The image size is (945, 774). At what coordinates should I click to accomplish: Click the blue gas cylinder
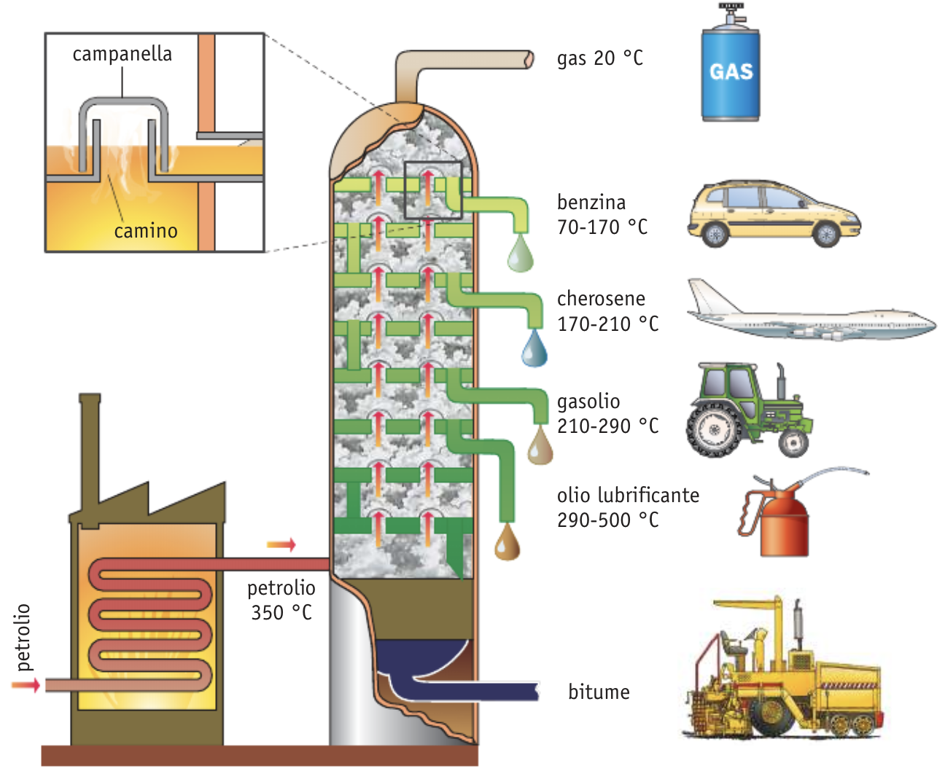click(731, 73)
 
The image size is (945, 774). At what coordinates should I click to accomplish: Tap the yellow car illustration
click(773, 213)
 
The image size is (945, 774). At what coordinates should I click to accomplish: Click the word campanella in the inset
click(122, 55)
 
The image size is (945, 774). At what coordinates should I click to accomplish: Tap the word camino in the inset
click(146, 231)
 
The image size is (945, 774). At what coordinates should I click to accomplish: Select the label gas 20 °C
click(600, 58)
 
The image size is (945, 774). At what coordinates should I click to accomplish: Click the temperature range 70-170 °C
click(602, 227)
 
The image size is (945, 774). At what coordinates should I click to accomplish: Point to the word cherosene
click(602, 299)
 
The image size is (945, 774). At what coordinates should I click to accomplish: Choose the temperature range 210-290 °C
click(608, 426)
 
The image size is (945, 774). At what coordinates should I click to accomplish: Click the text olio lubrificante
click(628, 496)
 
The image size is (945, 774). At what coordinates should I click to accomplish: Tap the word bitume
click(599, 692)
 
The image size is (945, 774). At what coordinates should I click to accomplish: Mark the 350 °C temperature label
click(281, 612)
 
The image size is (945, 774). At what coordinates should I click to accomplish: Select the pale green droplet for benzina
click(520, 255)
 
